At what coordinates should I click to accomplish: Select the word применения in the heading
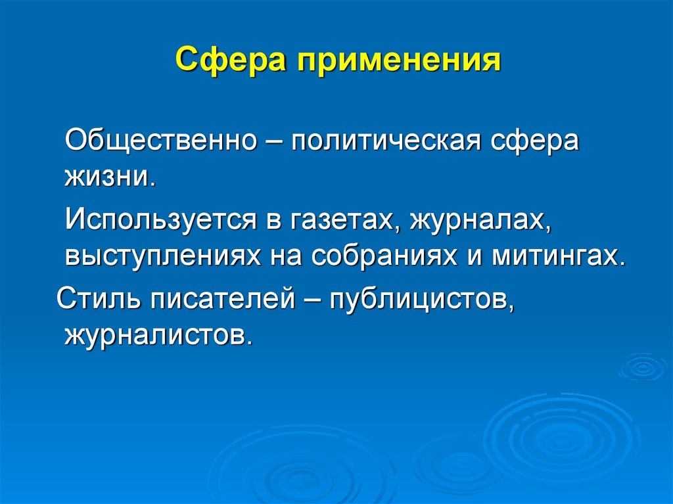396,62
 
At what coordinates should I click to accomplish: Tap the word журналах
480,219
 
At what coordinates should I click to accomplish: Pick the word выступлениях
158,254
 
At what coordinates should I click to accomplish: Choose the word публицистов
421,301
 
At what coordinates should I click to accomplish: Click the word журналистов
158,335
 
